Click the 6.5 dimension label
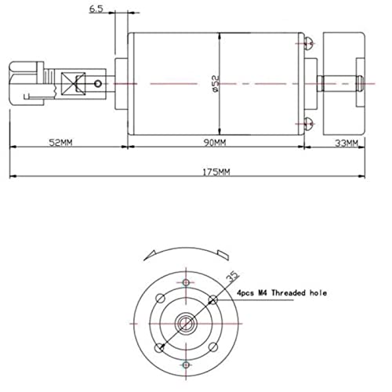[x=96, y=9]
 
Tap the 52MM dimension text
[x=60, y=143]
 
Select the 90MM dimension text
[x=215, y=143]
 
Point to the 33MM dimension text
[x=347, y=143]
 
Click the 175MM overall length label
[x=216, y=172]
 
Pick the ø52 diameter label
[x=216, y=84]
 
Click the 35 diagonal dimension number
[x=232, y=277]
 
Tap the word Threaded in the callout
[x=289, y=292]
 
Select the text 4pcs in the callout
[x=245, y=293]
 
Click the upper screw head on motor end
[x=309, y=43]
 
